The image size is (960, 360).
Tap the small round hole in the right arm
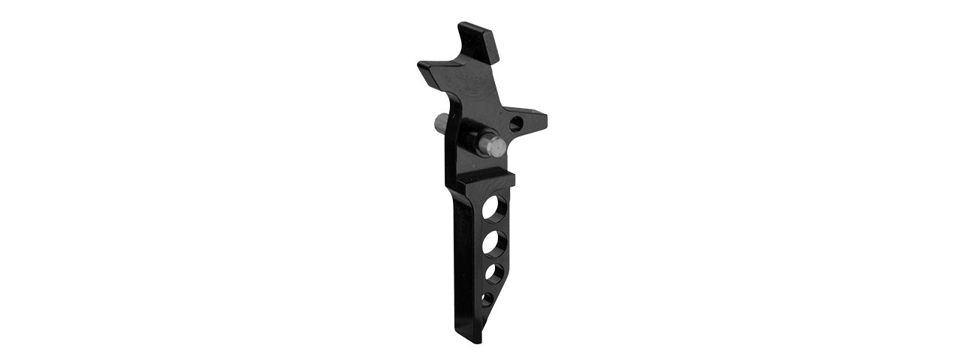[x=515, y=123]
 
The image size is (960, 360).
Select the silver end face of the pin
[x=493, y=147]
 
